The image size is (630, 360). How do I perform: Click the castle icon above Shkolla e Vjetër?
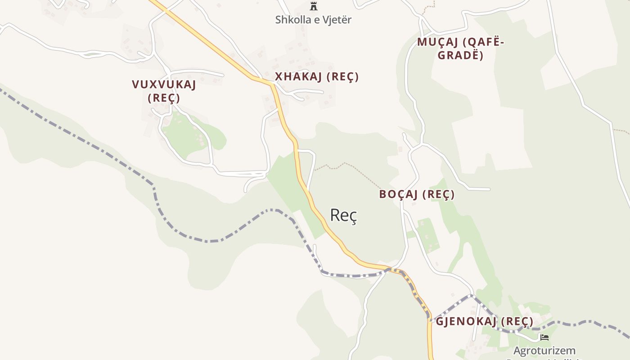(314, 6)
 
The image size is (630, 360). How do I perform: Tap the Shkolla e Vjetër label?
(313, 20)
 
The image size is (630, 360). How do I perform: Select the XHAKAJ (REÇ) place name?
(317, 77)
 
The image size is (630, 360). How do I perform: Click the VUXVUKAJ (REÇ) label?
(164, 91)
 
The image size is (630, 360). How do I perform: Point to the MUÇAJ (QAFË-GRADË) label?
(460, 49)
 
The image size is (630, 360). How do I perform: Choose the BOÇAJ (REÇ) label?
(417, 194)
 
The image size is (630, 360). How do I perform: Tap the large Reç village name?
(343, 215)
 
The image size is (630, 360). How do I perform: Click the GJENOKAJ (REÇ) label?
(484, 321)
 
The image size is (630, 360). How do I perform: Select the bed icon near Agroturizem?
(544, 337)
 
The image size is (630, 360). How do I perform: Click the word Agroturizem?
(544, 350)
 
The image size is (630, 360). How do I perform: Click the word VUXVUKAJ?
(164, 85)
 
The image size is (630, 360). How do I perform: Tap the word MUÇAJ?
(437, 42)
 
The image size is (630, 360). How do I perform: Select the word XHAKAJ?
(298, 77)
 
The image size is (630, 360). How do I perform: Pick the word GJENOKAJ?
(466, 321)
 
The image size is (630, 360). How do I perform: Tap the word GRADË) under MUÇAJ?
(460, 55)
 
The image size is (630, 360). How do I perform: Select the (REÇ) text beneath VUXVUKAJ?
(164, 98)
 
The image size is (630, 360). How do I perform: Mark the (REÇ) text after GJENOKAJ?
(517, 321)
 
